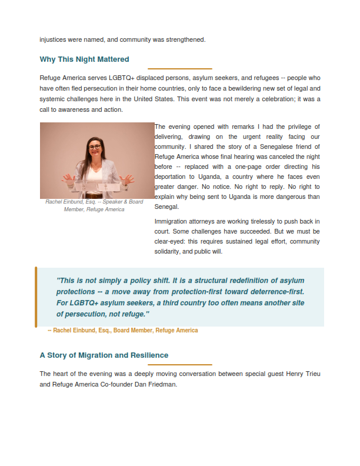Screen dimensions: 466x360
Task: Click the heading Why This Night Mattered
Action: (84, 59)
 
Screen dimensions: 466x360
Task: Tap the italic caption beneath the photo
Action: (94, 205)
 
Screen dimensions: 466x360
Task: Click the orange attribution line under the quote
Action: (122, 331)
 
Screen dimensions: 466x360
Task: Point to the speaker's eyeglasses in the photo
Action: (95, 147)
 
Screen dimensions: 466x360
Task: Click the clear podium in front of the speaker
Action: (97, 188)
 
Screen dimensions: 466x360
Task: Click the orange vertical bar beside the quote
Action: (36, 297)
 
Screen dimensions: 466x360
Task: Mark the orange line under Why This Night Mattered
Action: (179, 69)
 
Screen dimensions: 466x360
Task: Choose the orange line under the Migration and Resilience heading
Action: (179, 365)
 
